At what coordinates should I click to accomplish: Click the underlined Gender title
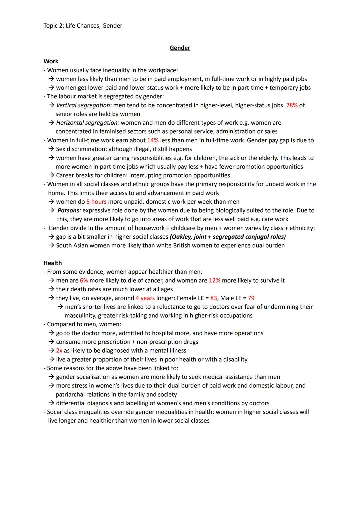[180, 48]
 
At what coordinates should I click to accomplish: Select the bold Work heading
[51, 61]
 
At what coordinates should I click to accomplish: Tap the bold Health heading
[53, 263]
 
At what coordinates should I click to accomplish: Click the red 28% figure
[292, 105]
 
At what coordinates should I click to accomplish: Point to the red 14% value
[153, 140]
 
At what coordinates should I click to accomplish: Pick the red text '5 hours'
[96, 202]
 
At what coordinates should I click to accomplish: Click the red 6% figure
[84, 281]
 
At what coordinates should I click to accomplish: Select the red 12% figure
[214, 281]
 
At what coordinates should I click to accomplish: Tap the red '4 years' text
[145, 298]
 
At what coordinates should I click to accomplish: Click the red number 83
[213, 298]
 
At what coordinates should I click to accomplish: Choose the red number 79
[251, 298]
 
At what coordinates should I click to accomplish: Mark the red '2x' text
[59, 351]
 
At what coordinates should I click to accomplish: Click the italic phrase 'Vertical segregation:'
[84, 105]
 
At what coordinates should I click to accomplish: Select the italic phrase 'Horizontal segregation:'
[87, 123]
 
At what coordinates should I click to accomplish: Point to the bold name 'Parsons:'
[69, 210]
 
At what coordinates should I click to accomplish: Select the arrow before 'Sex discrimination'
[51, 149]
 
